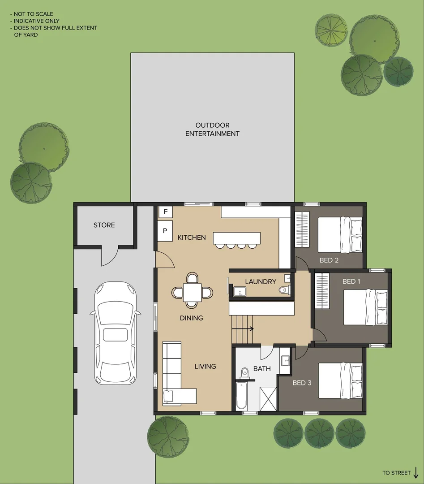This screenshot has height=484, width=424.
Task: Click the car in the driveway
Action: (115, 333)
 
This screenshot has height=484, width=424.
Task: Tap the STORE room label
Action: (104, 225)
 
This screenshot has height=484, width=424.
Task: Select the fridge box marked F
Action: (165, 212)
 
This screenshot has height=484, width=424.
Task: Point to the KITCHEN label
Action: (191, 238)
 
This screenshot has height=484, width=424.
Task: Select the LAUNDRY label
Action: (261, 281)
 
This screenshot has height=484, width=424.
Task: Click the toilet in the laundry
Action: (283, 290)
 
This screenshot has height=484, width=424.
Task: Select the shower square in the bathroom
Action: (268, 398)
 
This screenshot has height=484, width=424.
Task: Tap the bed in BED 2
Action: (340, 234)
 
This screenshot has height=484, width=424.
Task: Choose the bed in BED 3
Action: (340, 380)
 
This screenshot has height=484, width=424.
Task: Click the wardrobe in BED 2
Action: (302, 229)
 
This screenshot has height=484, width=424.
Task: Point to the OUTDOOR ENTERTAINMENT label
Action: (212, 130)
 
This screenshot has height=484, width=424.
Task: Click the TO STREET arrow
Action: (416, 472)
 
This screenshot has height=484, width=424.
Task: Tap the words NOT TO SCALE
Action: (33, 14)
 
